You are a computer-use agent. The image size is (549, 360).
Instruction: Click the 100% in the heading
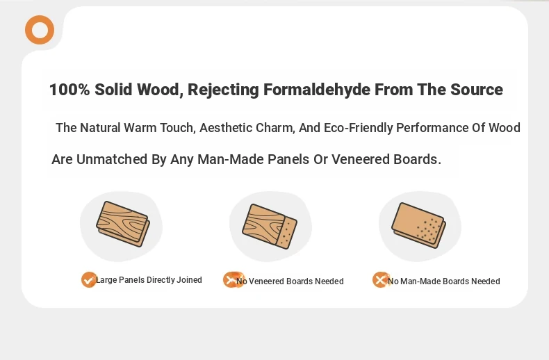point(69,90)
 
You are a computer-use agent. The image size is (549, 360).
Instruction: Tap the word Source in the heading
point(477,90)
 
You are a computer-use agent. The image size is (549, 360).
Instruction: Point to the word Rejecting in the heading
point(223,90)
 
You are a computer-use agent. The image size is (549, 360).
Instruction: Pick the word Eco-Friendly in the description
point(358,128)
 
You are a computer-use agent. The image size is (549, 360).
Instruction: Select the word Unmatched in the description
point(112,159)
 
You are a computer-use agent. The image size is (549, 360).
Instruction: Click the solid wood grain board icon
point(123,224)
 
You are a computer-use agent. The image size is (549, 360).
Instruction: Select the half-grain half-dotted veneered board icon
point(270,227)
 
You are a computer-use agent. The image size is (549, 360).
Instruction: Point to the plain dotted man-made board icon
point(418,226)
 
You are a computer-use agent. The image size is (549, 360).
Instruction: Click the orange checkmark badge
point(89,280)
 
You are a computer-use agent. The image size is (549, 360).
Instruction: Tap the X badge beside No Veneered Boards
point(233,280)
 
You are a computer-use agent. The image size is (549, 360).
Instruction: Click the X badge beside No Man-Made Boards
point(381,280)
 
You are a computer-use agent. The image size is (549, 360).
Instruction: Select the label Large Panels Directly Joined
point(149,280)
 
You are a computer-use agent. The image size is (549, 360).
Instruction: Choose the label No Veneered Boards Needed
point(290,281)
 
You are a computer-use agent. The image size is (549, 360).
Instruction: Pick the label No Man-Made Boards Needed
point(443,281)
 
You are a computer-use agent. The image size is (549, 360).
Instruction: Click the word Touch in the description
point(177,128)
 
